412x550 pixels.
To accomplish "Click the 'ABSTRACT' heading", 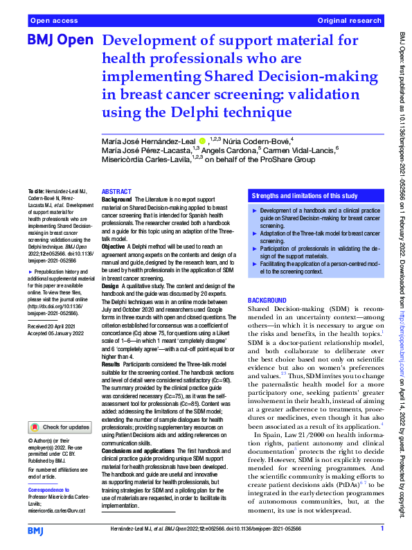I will pos(117,191).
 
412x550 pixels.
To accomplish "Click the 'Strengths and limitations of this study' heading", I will pos(304,196).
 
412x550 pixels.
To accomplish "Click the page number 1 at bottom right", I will pos(382,529).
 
